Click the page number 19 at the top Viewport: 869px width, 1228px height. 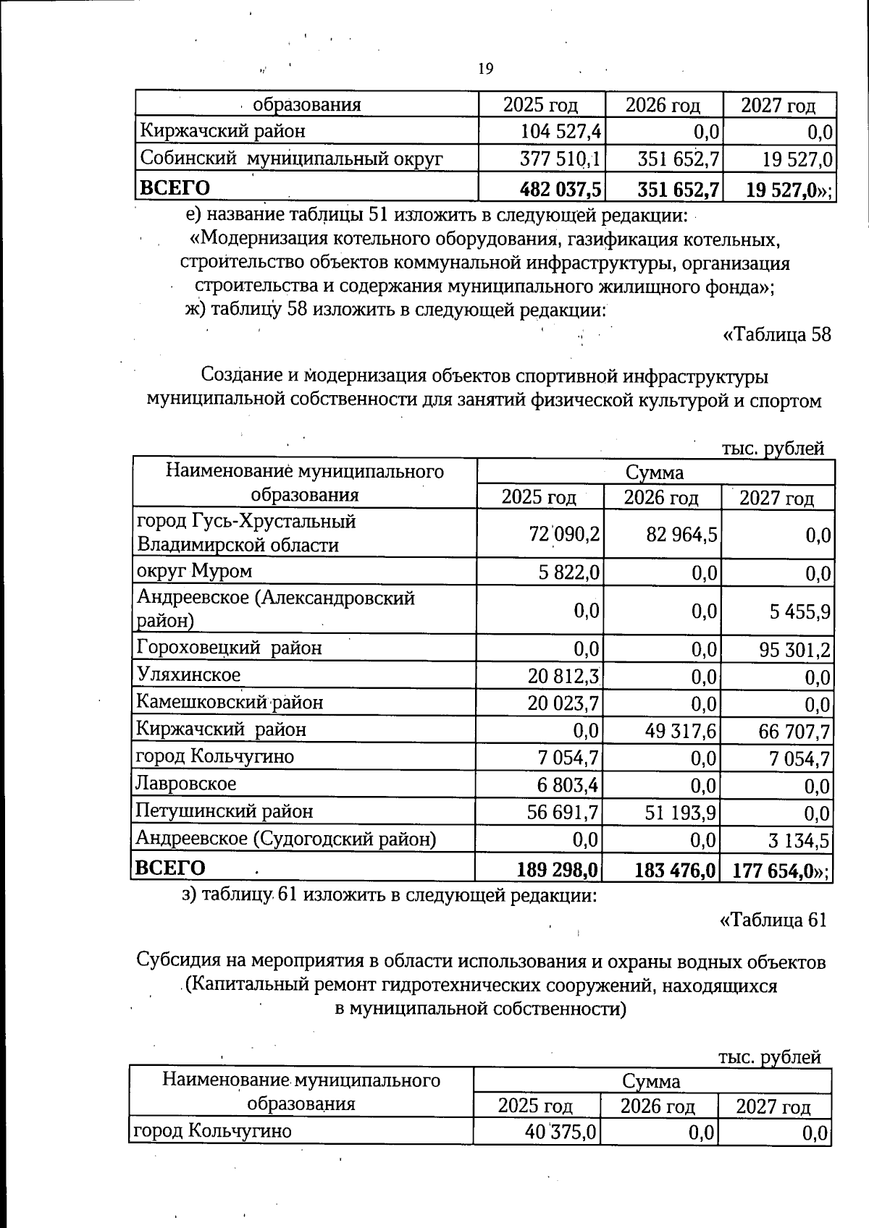[x=486, y=69]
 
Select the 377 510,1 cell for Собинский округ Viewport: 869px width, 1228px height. [x=561, y=158]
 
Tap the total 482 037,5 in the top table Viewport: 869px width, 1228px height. [x=561, y=189]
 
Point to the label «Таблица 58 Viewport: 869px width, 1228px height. [x=776, y=335]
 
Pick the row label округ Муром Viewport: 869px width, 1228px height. [x=194, y=572]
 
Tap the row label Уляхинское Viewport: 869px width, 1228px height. [x=188, y=675]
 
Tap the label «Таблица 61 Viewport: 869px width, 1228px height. [x=773, y=920]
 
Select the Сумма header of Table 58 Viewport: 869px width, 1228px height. [x=655, y=473]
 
